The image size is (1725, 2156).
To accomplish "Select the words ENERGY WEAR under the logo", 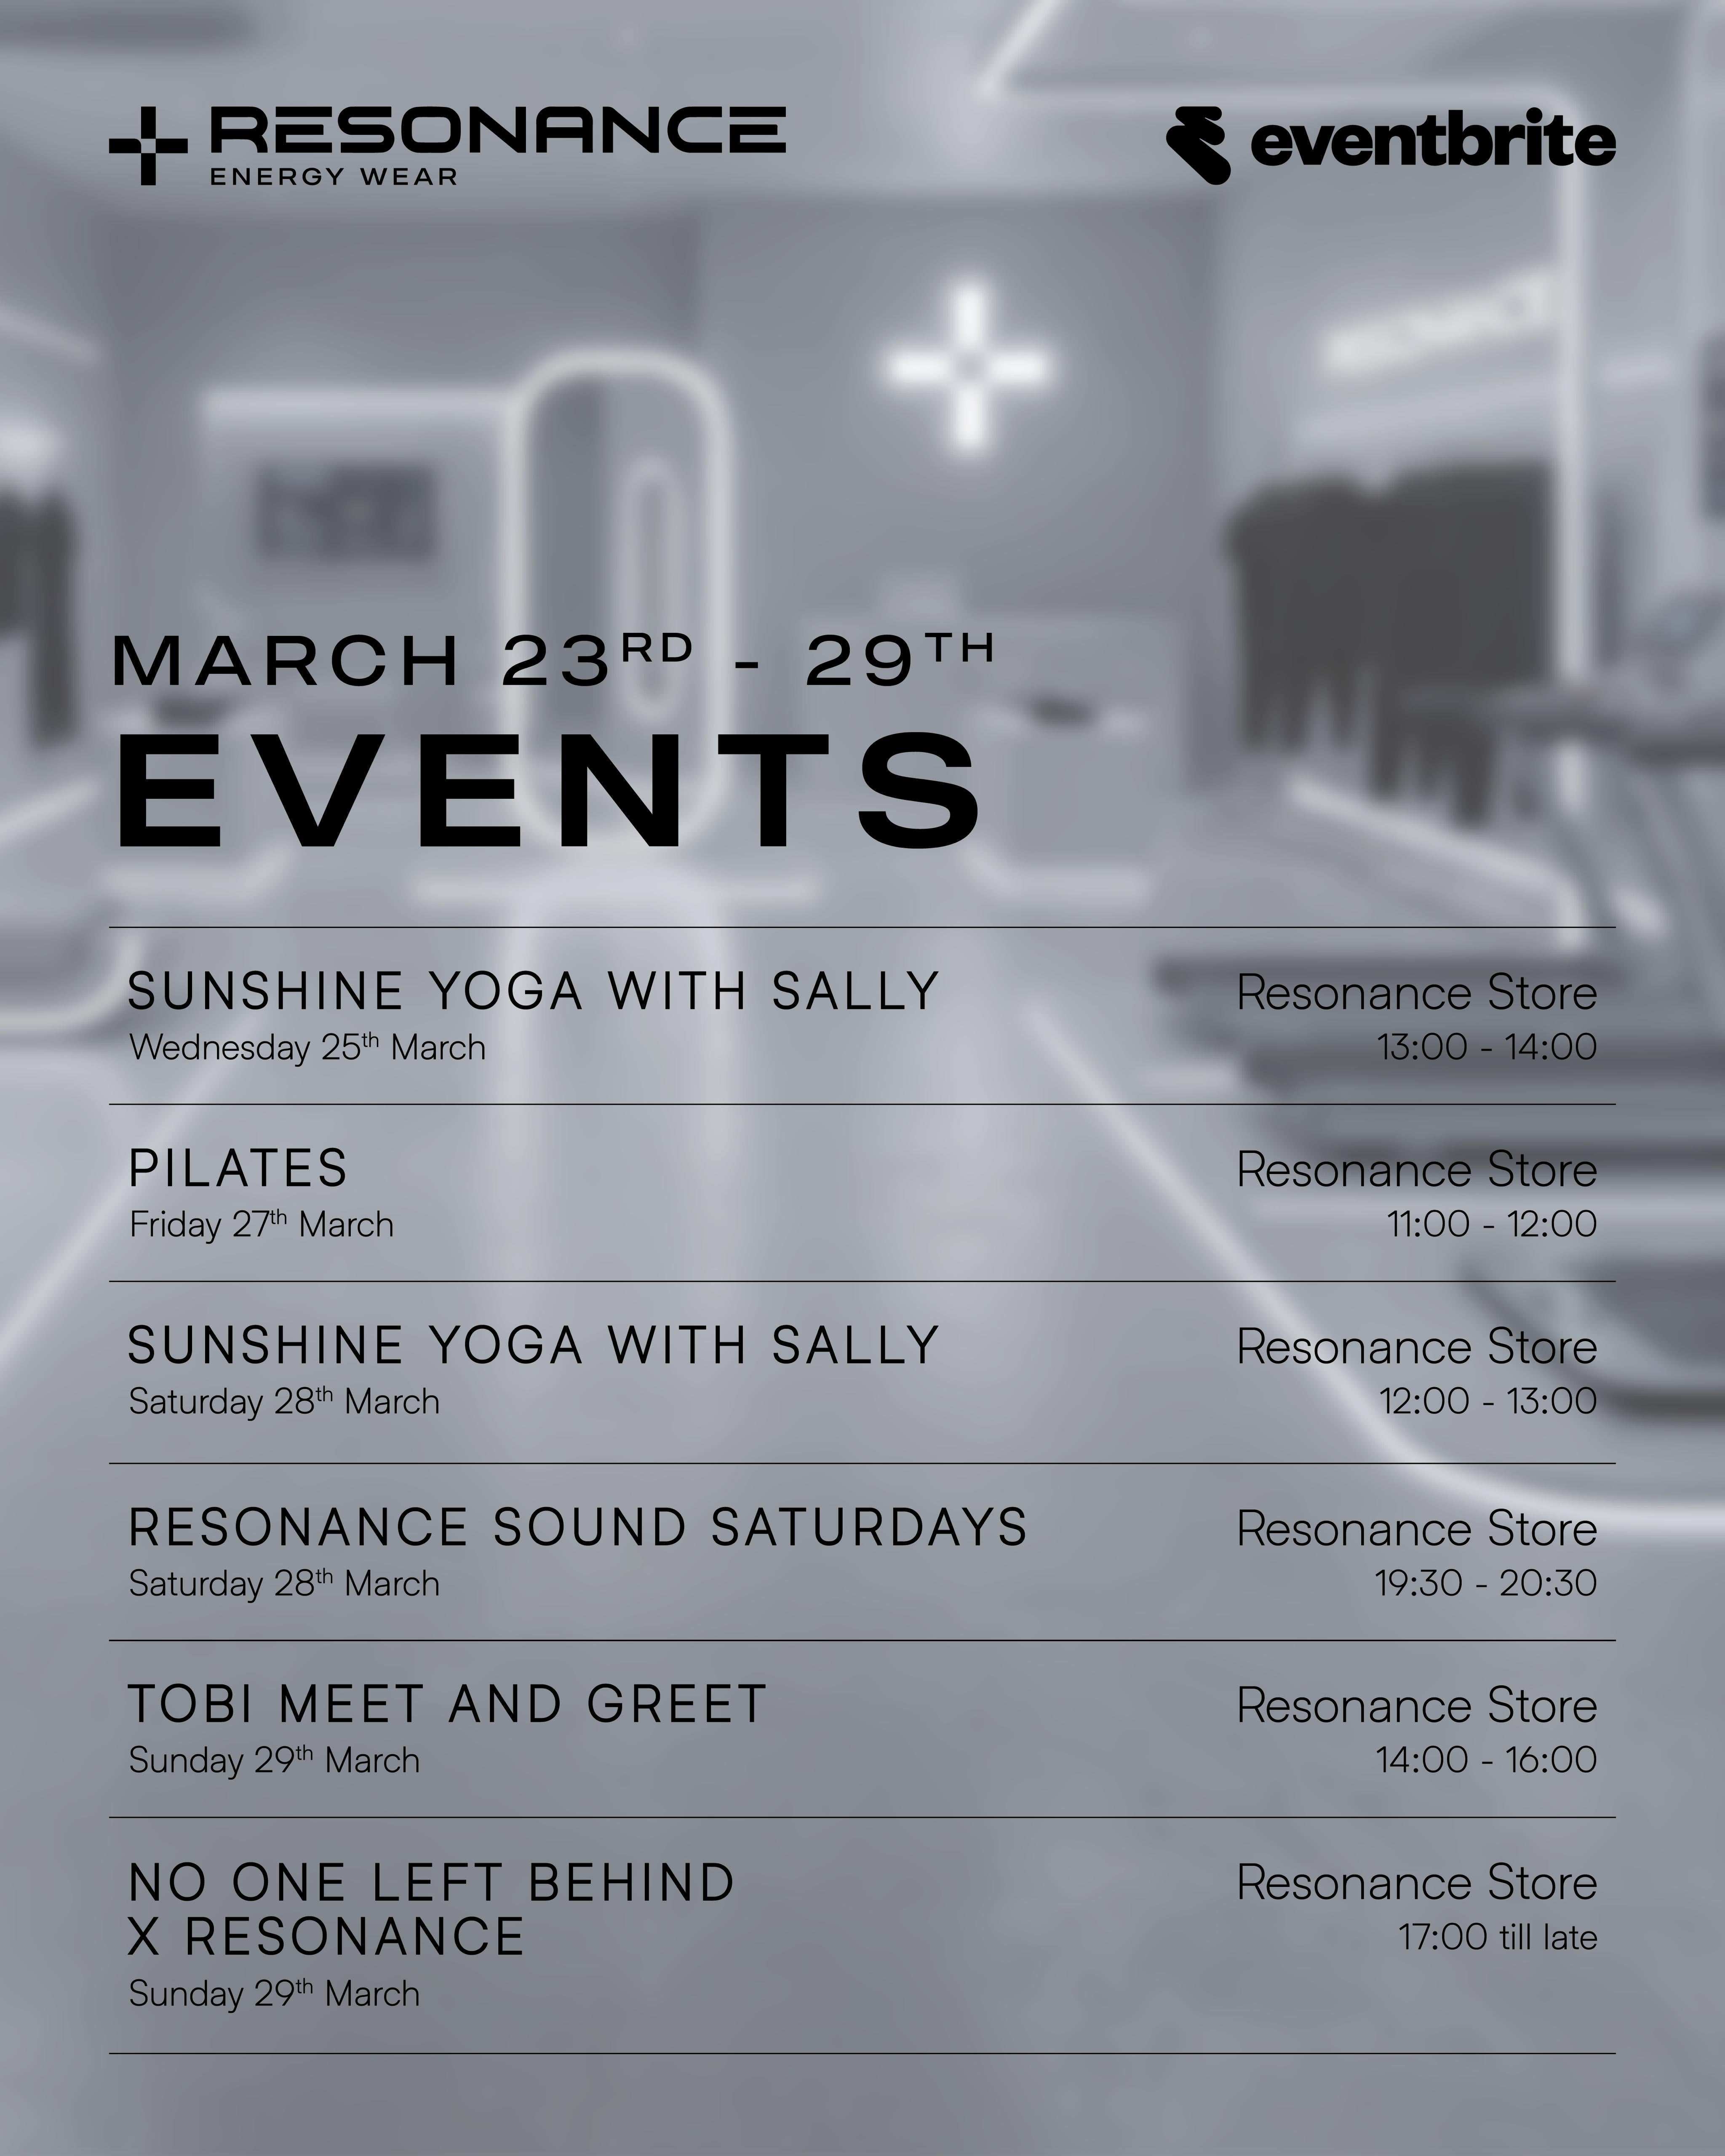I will (334, 177).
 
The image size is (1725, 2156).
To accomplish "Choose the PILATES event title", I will (238, 1168).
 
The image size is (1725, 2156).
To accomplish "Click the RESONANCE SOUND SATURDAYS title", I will (578, 1527).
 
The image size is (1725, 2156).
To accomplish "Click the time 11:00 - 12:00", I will (1491, 1224).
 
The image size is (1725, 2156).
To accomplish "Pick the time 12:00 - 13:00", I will (1488, 1401).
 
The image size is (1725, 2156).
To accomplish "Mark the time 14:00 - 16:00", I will (1486, 1760).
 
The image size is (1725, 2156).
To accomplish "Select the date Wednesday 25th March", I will (307, 1047).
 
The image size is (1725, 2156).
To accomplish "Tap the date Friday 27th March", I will (261, 1224).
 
